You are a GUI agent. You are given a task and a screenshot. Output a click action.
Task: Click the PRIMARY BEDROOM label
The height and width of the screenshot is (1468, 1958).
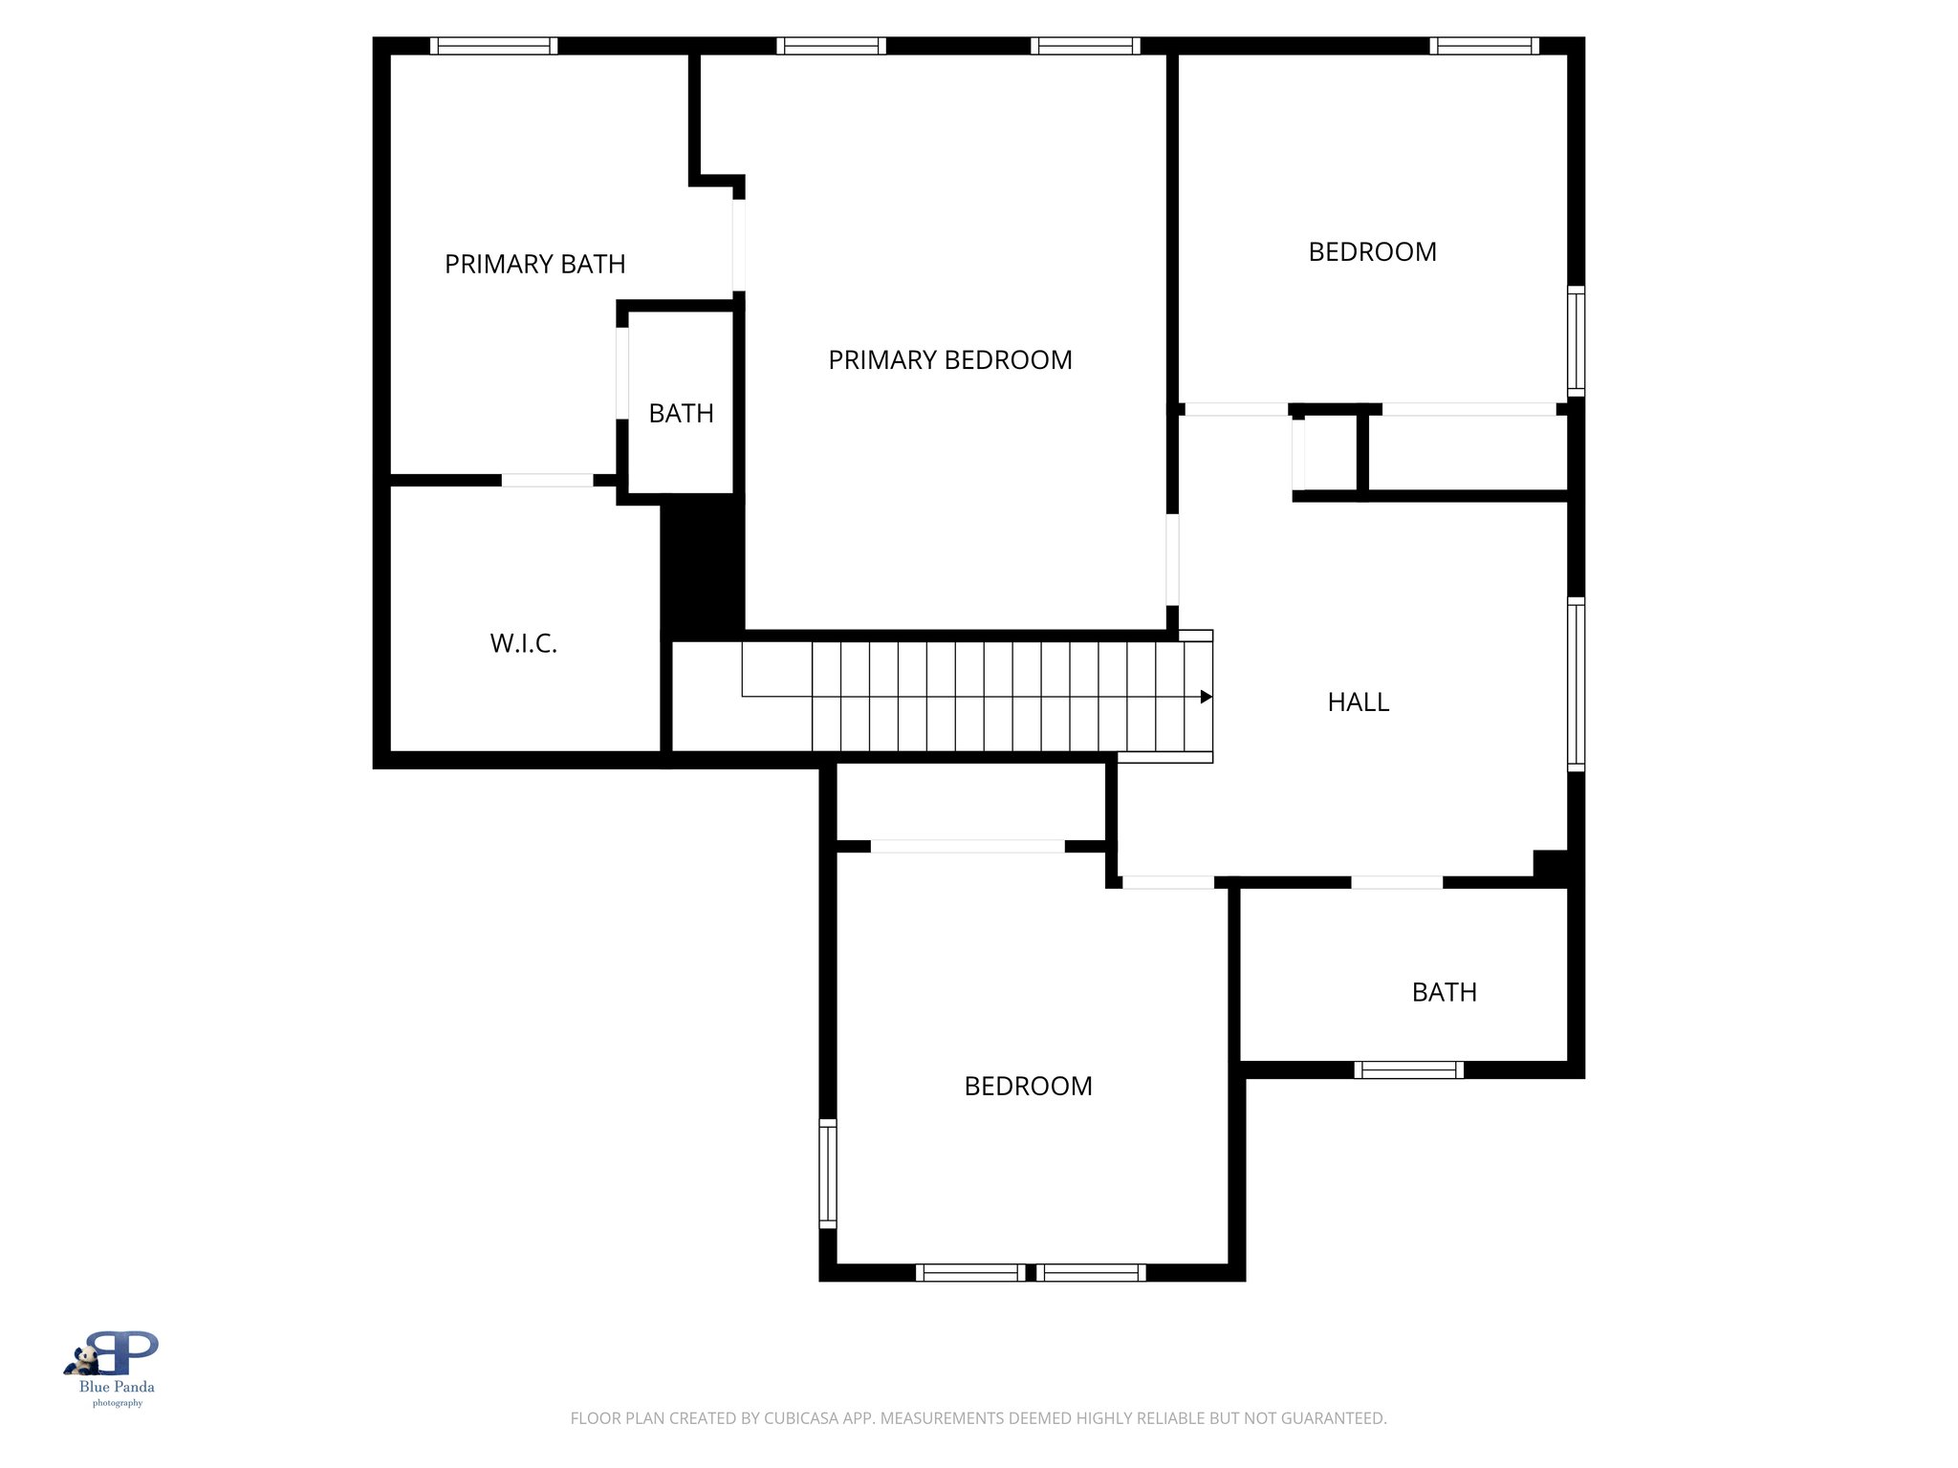click(x=949, y=360)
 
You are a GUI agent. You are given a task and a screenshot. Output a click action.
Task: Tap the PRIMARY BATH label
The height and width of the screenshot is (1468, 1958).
click(x=534, y=264)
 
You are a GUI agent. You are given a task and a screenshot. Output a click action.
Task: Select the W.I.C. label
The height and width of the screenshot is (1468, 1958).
click(x=523, y=643)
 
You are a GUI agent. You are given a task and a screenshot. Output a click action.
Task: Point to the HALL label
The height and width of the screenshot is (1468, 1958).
click(x=1358, y=702)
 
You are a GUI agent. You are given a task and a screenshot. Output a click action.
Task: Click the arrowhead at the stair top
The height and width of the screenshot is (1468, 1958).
click(x=1207, y=697)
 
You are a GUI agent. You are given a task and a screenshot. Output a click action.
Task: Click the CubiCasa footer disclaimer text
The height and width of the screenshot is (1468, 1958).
click(x=978, y=1418)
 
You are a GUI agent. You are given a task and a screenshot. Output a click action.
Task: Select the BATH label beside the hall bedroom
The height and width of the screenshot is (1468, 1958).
click(x=1444, y=992)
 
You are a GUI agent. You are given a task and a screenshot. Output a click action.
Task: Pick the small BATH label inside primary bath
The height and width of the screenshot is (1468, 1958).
click(x=681, y=414)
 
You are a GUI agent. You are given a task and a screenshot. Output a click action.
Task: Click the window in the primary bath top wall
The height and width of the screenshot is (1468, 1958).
click(x=493, y=46)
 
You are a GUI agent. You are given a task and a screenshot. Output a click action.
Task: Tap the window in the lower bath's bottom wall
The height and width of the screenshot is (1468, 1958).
click(x=1408, y=1069)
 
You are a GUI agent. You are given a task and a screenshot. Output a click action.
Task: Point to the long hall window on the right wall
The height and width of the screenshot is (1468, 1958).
click(x=1577, y=683)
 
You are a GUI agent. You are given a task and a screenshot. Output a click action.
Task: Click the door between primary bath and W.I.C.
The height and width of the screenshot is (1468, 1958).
click(x=547, y=480)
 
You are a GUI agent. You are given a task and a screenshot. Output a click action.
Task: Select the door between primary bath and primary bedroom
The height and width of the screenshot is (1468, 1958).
click(x=739, y=245)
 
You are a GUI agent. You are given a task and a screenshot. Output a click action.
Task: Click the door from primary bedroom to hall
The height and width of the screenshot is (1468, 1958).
click(x=1172, y=559)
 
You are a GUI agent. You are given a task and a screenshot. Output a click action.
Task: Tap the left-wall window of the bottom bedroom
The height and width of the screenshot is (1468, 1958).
click(x=828, y=1173)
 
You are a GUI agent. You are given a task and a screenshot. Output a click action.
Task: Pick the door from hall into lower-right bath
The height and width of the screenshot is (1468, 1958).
click(x=1396, y=882)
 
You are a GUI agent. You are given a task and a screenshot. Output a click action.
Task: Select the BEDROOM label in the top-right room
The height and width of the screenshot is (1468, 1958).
click(x=1372, y=252)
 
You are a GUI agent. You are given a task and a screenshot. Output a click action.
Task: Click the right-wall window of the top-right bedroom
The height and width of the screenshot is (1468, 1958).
click(x=1577, y=340)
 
